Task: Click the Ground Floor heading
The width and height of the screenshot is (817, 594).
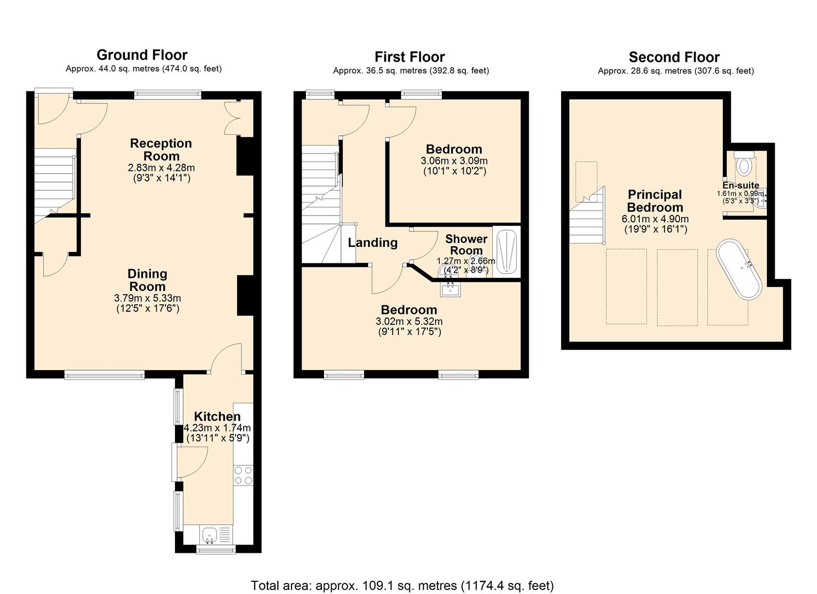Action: click(x=142, y=55)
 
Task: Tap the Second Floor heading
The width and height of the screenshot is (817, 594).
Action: click(x=674, y=57)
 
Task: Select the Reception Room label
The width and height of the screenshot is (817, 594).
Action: click(x=161, y=150)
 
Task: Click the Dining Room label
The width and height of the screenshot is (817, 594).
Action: click(x=147, y=280)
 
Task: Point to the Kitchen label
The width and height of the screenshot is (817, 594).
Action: click(x=217, y=416)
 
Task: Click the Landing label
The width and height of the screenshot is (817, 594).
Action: click(x=373, y=243)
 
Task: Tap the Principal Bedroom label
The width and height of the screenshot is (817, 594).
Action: click(x=655, y=201)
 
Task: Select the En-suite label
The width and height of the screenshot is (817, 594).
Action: click(x=741, y=185)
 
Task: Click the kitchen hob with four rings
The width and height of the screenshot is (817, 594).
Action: click(x=243, y=475)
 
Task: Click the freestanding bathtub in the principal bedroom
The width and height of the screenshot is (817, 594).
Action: click(x=739, y=269)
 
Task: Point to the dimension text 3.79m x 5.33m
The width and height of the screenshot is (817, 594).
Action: click(x=147, y=298)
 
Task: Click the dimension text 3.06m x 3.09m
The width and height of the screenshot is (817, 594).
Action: click(x=454, y=161)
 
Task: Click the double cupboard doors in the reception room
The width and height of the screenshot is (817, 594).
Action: click(x=233, y=118)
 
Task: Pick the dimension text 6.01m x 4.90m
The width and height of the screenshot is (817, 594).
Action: click(x=655, y=219)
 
